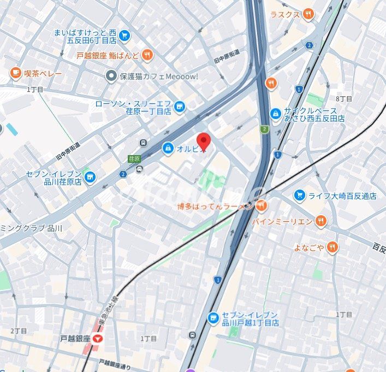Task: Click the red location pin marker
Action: tap(203, 140)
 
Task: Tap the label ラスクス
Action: tap(285, 14)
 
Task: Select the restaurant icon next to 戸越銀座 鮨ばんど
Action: tap(148, 55)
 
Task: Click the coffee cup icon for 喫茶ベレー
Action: tap(15, 73)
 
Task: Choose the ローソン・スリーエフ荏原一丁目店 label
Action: tap(133, 107)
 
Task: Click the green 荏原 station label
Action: tap(134, 159)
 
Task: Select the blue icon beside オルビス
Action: tap(168, 147)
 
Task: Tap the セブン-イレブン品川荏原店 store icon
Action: tap(90, 178)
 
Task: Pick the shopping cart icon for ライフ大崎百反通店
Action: tap(299, 195)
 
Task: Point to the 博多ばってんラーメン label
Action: tap(215, 206)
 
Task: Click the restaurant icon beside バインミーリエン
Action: tap(321, 221)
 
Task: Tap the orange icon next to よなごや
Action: tap(332, 248)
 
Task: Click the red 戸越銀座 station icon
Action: tap(98, 339)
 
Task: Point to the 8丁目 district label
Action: tap(344, 98)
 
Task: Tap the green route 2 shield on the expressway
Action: tap(264, 129)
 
